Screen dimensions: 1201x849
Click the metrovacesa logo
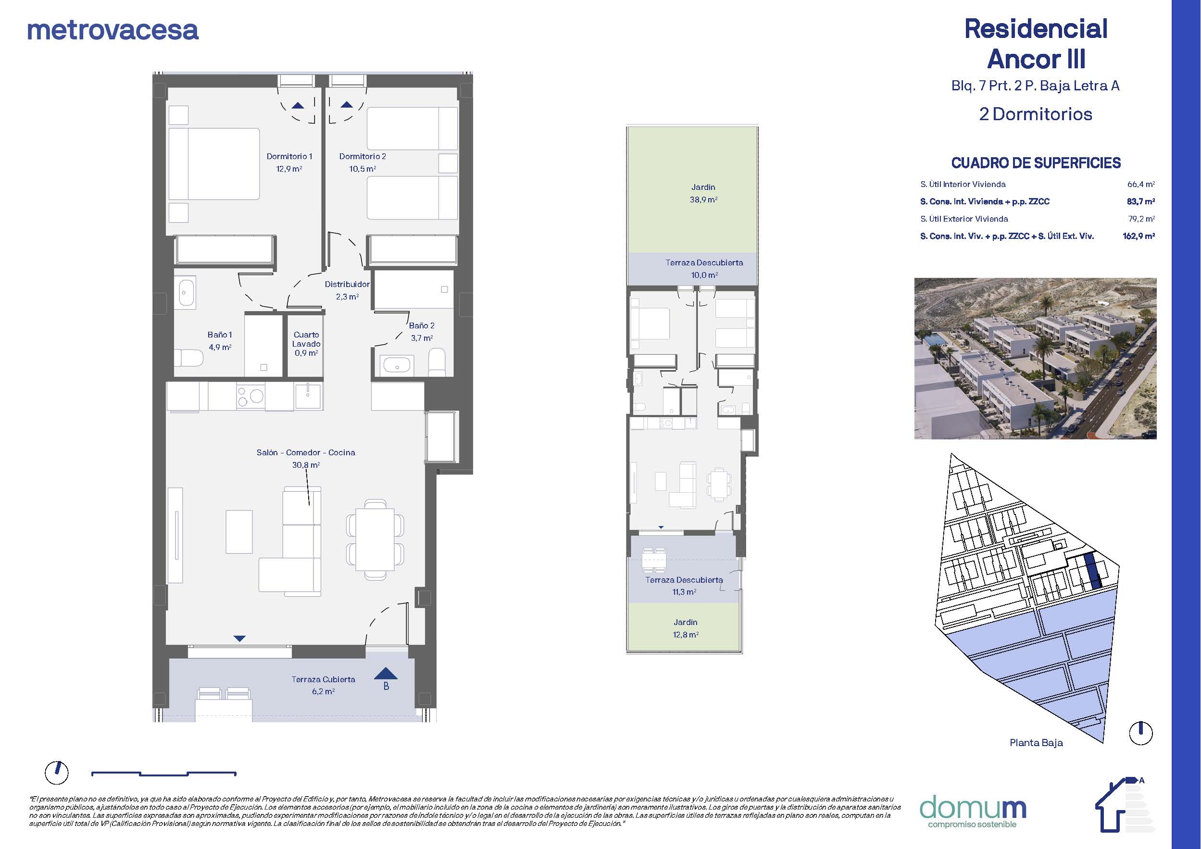113,30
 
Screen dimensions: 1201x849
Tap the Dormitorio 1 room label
289,156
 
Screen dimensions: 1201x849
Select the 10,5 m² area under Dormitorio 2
363,168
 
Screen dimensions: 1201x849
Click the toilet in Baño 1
188,358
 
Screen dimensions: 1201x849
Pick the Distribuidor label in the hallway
347,284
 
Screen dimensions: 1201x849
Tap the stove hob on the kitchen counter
250,396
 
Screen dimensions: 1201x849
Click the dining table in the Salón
375,539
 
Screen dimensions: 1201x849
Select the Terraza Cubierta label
323,679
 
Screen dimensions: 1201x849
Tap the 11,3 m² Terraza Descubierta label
684,586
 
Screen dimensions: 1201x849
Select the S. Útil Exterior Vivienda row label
964,219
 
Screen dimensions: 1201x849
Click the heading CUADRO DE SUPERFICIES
1036,163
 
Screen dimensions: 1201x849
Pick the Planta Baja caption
1036,743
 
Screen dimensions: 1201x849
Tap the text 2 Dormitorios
1036,114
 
